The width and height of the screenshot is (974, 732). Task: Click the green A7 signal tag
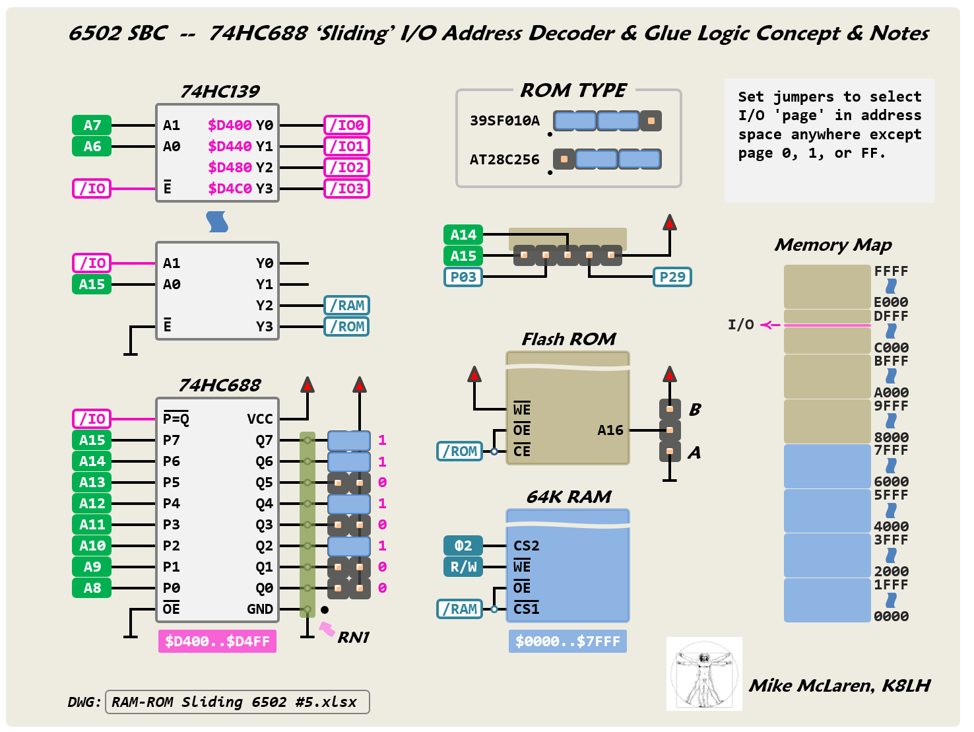pos(92,125)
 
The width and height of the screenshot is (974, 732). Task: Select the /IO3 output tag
pos(346,189)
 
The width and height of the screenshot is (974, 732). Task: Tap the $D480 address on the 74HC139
pos(230,168)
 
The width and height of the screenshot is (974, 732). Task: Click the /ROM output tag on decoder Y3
pos(346,327)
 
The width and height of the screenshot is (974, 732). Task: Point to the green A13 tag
pos(92,482)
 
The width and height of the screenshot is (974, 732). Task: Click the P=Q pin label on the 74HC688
pos(176,419)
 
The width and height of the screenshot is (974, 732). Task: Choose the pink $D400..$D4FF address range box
pos(217,642)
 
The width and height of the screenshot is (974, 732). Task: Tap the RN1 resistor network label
pos(354,638)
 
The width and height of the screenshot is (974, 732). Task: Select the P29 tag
pos(672,277)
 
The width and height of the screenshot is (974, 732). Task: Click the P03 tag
pos(463,277)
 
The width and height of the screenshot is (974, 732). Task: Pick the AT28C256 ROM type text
pos(504,160)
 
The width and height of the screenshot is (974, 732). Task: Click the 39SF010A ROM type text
pos(504,121)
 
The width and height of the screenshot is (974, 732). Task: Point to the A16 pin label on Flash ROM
pos(610,430)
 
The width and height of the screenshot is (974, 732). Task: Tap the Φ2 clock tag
pos(463,546)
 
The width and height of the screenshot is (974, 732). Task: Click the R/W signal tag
pos(463,567)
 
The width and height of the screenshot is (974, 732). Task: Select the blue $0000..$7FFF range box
pos(568,642)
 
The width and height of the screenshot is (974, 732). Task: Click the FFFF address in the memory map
pos(891,271)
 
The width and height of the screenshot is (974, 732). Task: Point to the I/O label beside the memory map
pos(740,325)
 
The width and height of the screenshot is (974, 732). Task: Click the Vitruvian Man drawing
pos(704,674)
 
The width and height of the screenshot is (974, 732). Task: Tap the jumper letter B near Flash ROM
pos(695,410)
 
